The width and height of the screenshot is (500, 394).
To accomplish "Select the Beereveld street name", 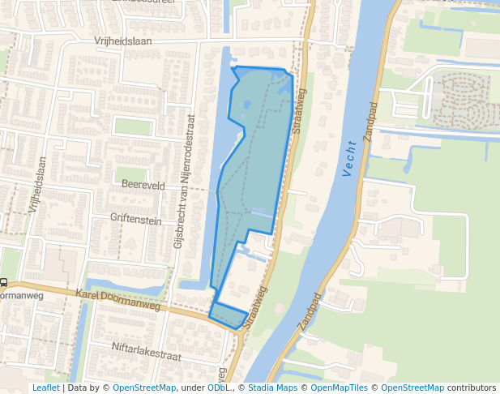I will [x=143, y=186].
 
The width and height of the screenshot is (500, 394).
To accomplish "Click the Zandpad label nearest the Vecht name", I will [x=373, y=122].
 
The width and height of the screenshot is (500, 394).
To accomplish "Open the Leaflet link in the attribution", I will [x=45, y=388].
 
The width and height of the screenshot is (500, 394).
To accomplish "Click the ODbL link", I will [x=218, y=388].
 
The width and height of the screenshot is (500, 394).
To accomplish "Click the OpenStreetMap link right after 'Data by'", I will [x=143, y=388].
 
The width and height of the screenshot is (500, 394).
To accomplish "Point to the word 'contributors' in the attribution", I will [x=472, y=388].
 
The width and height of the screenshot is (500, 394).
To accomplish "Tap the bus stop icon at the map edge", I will [x=4, y=283].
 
